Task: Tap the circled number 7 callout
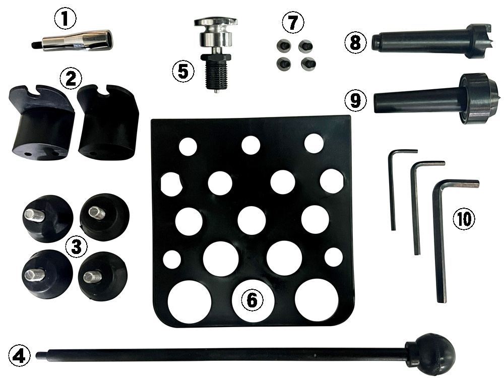pos(292,23)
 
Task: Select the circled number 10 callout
pos(464,219)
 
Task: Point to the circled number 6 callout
pos(252,301)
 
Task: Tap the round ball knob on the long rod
pos(431,356)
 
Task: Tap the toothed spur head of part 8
pos(478,41)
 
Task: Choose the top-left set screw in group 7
pos(283,46)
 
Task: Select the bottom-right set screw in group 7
pos(308,64)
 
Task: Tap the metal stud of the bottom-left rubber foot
pos(34,274)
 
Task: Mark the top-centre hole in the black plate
pos(250,145)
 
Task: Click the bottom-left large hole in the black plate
pos(190,302)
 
